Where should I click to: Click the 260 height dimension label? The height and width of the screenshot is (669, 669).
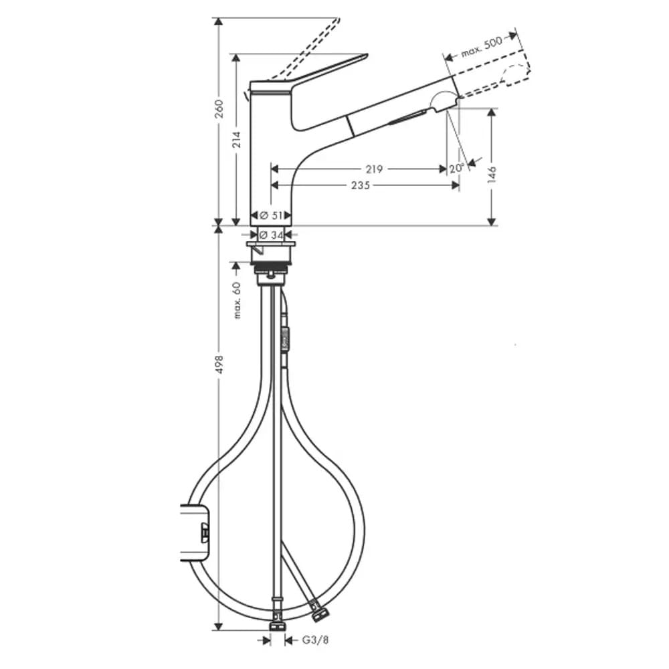[x=219, y=109]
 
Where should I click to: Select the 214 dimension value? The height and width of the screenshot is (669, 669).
[x=236, y=140]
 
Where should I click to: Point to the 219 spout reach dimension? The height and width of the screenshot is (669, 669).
[x=374, y=169]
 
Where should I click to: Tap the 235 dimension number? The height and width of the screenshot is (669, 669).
[x=361, y=185]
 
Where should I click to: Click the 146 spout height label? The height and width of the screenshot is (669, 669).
[x=492, y=175]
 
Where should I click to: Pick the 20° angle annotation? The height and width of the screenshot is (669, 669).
[x=456, y=168]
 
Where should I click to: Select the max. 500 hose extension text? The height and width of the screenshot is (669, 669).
[x=482, y=47]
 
